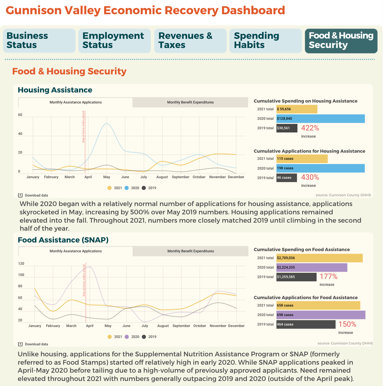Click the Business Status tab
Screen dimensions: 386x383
point(39,41)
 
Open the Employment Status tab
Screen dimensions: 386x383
point(114,41)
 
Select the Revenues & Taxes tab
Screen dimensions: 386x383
point(190,41)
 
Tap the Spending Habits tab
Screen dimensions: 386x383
point(266,41)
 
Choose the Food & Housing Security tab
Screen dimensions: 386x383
point(341,41)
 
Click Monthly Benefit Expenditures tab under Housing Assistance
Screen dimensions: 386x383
point(190,102)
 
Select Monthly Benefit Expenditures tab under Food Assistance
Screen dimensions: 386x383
point(190,251)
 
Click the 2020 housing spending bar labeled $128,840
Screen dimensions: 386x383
point(320,119)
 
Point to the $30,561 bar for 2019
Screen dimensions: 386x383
point(287,128)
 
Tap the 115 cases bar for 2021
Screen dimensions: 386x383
point(302,159)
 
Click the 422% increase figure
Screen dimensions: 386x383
point(310,128)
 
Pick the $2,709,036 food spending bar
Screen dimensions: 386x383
point(319,258)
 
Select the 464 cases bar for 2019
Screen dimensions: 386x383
point(306,324)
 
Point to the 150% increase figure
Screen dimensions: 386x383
point(347,324)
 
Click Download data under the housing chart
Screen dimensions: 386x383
point(33,195)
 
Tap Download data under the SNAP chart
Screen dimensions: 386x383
point(33,344)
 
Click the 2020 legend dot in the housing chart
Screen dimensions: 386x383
point(127,188)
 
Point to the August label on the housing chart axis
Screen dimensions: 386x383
point(162,177)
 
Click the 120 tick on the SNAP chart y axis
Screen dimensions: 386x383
point(21,264)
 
